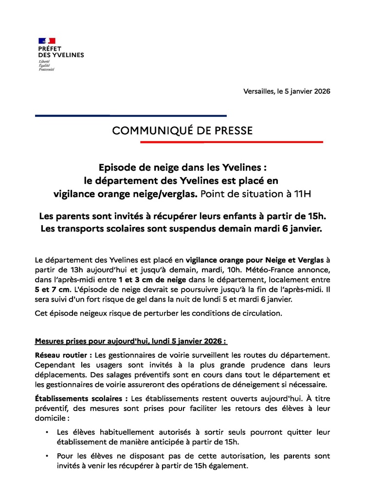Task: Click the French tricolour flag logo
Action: click(47, 41)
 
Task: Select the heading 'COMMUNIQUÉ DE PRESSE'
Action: click(182, 131)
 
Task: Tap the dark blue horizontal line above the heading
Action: click(131, 116)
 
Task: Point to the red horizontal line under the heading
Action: click(231, 142)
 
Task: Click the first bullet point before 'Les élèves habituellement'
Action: click(46, 432)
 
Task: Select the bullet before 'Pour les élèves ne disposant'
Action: click(46, 457)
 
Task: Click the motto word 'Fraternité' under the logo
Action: click(47, 70)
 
